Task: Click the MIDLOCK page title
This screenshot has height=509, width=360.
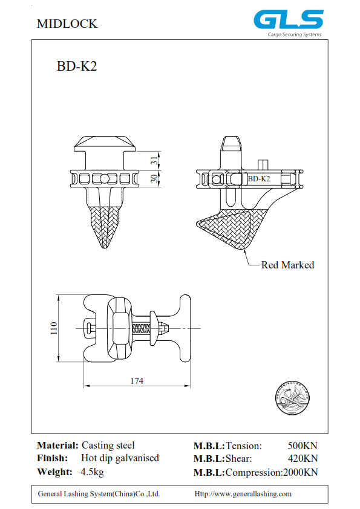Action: pyautogui.click(x=67, y=24)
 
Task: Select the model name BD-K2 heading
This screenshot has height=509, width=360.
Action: pyautogui.click(x=77, y=67)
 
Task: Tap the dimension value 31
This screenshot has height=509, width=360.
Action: pyautogui.click(x=154, y=160)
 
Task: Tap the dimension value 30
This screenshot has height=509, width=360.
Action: pyautogui.click(x=154, y=178)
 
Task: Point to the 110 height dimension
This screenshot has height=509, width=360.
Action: pyautogui.click(x=53, y=328)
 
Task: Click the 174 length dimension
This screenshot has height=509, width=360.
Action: pyautogui.click(x=137, y=381)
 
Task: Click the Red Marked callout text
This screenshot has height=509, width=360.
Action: pyautogui.click(x=287, y=265)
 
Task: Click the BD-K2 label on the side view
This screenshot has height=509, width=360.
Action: pyautogui.click(x=259, y=179)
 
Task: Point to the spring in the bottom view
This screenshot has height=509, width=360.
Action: pyautogui.click(x=140, y=328)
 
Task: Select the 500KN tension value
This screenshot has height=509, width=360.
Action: pyautogui.click(x=303, y=446)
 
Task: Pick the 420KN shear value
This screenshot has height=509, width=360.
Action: pyautogui.click(x=303, y=459)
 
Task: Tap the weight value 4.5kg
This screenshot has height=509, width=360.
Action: pyautogui.click(x=92, y=472)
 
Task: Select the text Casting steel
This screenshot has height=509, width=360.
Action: pyautogui.click(x=108, y=446)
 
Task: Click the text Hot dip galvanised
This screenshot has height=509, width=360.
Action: pyautogui.click(x=120, y=458)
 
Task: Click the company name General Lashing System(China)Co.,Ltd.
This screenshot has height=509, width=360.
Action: pyautogui.click(x=99, y=494)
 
